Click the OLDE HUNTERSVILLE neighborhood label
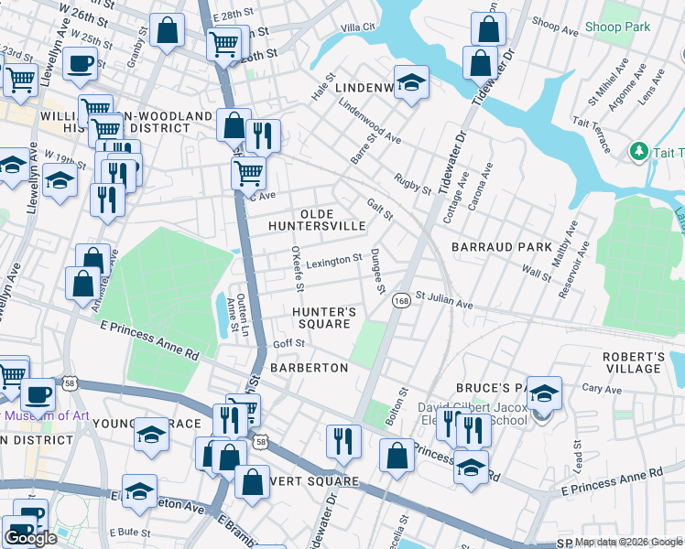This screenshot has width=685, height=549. [317, 219]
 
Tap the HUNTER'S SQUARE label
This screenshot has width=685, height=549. [323, 318]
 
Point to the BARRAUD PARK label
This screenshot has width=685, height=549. [502, 247]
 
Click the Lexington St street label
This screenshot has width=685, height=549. [333, 262]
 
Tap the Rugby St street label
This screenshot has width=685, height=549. [412, 183]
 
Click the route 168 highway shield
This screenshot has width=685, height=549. [400, 301]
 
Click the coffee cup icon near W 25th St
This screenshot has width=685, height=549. [80, 62]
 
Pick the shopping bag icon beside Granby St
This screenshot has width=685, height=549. [168, 30]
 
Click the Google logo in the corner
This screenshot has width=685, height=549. [30, 538]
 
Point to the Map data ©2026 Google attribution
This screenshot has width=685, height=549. [627, 542]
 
